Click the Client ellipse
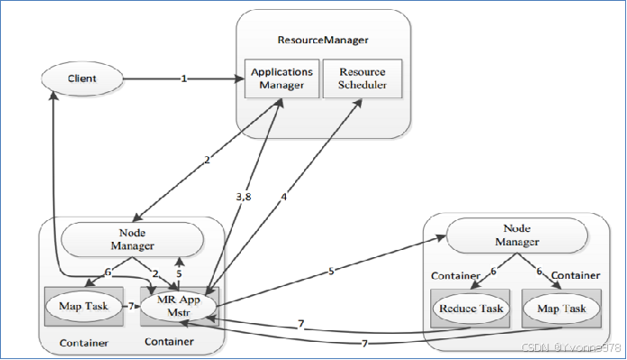82,79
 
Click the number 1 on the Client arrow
183,79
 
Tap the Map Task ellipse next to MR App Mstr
85,306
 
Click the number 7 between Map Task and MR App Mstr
130,307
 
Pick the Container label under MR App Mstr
170,343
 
